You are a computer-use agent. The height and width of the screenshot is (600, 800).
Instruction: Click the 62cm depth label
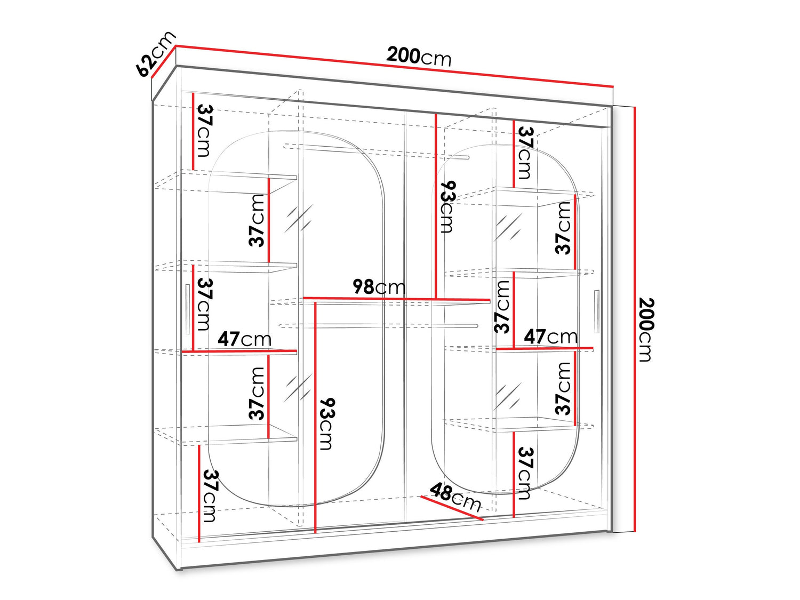click(x=156, y=54)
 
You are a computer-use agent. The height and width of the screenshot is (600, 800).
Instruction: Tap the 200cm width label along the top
click(x=419, y=57)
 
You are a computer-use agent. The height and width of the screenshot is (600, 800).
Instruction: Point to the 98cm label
click(x=379, y=287)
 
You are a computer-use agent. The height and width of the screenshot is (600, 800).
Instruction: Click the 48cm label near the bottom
click(x=455, y=497)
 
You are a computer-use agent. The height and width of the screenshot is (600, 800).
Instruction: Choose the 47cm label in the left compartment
click(x=245, y=339)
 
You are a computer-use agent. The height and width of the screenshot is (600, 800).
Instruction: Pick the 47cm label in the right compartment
click(x=551, y=337)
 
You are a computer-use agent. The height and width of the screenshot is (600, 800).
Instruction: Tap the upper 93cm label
click(x=448, y=206)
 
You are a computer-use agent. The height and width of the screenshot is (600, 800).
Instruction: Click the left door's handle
click(x=187, y=309)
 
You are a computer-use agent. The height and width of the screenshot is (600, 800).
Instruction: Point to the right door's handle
click(x=596, y=311)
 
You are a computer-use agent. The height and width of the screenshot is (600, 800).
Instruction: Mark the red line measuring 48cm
click(x=452, y=508)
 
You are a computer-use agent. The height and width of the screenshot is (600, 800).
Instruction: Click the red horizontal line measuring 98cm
click(x=397, y=299)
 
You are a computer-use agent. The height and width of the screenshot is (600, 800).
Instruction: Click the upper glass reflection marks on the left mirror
click(x=299, y=218)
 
